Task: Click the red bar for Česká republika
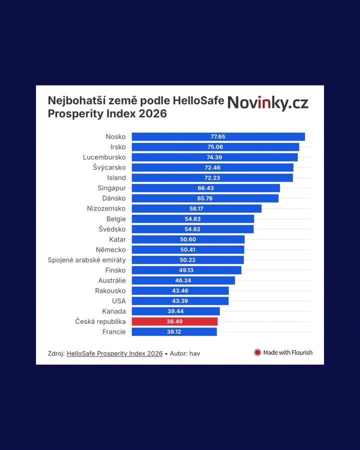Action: tap(174, 321)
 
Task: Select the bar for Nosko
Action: tap(218, 136)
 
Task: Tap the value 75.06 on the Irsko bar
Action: tap(215, 147)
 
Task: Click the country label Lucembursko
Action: tap(104, 157)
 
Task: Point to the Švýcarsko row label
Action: tap(109, 167)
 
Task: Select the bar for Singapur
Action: tap(205, 188)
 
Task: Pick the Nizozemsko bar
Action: tap(196, 208)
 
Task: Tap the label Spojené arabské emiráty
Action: tap(86, 260)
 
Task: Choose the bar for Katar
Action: tap(188, 239)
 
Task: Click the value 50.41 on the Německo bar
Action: tap(188, 249)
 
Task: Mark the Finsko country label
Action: tap(115, 270)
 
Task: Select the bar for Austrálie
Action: tap(183, 280)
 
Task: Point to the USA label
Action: tap(119, 301)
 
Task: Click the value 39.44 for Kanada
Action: tap(175, 311)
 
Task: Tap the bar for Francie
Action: tap(174, 332)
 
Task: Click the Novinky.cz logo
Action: tap(268, 103)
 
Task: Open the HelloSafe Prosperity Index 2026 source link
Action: tap(114, 353)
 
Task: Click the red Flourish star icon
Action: tap(257, 352)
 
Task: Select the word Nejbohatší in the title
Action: tap(71, 100)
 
